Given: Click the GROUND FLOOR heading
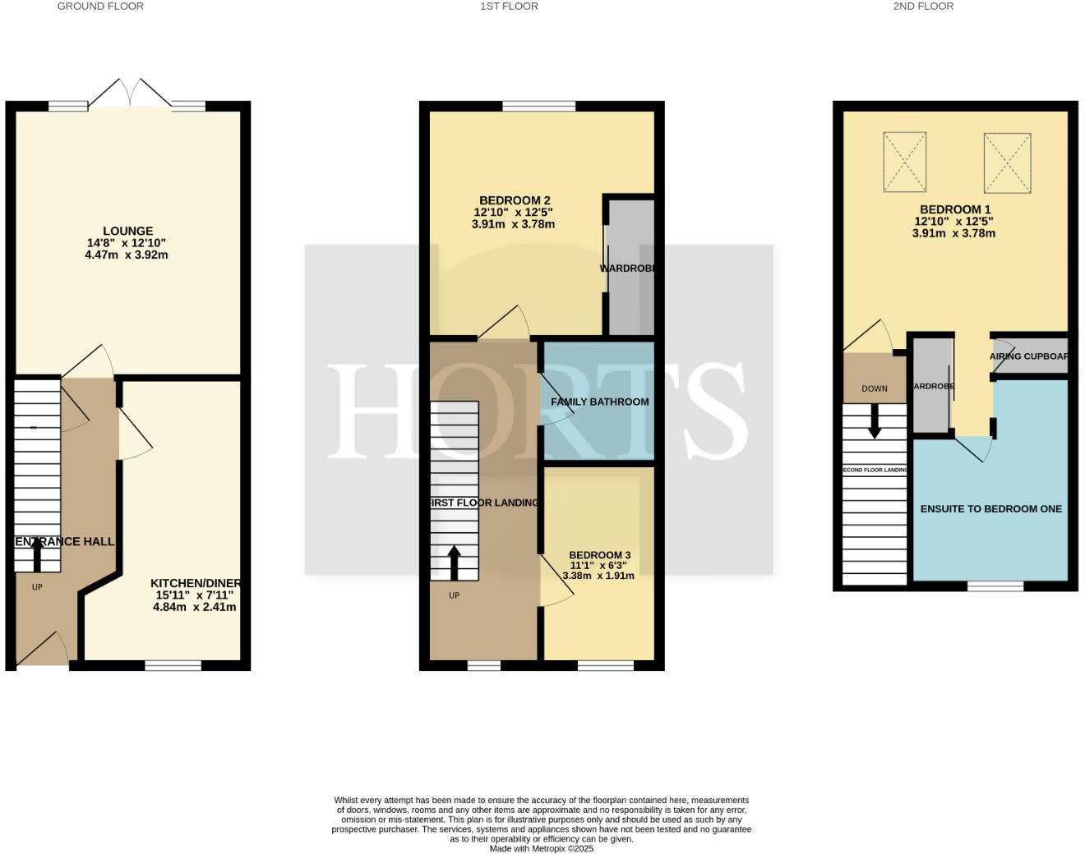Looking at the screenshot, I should [100, 7].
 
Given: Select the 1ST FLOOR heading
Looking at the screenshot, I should [509, 7].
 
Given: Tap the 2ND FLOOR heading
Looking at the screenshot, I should [923, 7].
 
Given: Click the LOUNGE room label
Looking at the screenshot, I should [127, 232].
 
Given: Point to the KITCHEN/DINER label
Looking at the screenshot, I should [195, 583].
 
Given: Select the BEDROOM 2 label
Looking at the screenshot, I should [515, 200].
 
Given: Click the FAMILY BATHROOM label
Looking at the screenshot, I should [599, 402].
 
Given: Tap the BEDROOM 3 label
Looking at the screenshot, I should [599, 555].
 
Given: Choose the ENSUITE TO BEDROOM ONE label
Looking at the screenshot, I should [990, 509].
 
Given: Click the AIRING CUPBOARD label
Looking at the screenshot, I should [1028, 356].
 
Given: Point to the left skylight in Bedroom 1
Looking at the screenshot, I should [904, 162].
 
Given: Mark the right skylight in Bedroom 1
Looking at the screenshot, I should [1007, 162].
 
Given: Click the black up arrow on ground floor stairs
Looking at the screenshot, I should [37, 553].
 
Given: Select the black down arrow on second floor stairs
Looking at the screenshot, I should [875, 420].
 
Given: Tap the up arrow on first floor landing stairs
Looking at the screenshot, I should [454, 563].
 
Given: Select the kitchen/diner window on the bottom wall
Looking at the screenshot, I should [173, 666].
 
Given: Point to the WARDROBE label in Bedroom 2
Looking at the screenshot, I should [629, 269].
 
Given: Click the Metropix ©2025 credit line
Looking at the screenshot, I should [541, 849].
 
